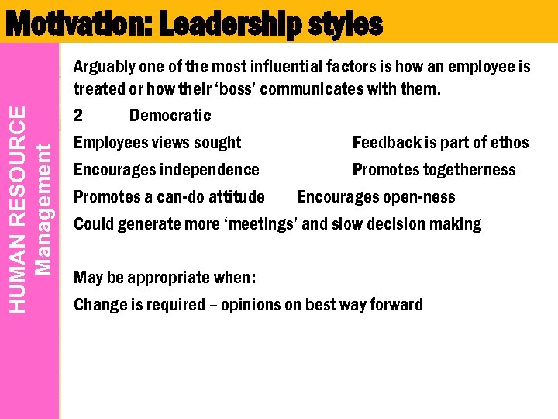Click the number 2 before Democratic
tap(78, 116)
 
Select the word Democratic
tap(170, 116)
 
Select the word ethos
tap(508, 143)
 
